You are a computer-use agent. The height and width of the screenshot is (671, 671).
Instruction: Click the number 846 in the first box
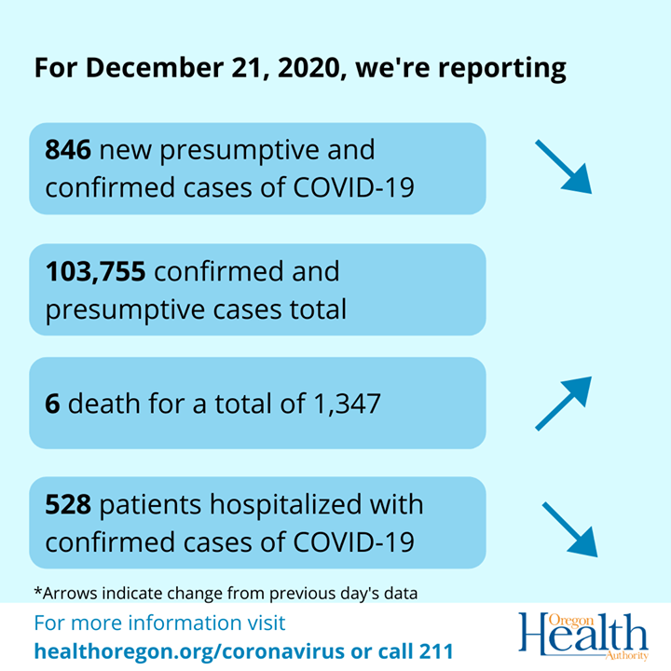pyautogui.click(x=68, y=149)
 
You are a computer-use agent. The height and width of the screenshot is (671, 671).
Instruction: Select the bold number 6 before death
pyautogui.click(x=52, y=404)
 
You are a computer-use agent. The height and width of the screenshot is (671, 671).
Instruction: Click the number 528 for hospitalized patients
pyautogui.click(x=68, y=505)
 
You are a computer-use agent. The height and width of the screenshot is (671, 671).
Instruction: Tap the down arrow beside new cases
pyautogui.click(x=564, y=166)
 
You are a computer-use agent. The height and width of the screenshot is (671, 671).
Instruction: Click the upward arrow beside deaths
pyautogui.click(x=564, y=403)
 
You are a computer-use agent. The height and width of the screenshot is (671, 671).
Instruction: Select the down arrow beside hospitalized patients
pyautogui.click(x=569, y=529)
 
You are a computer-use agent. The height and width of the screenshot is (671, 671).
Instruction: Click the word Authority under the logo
pyautogui.click(x=625, y=656)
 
